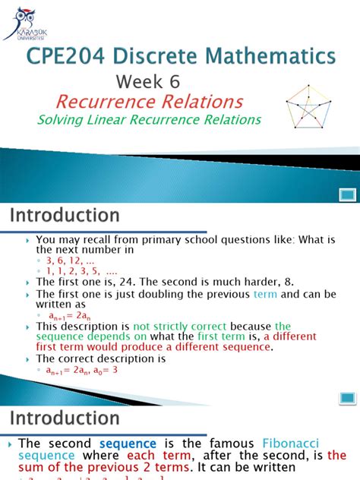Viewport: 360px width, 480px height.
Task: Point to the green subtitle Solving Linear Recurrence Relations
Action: pos(150,120)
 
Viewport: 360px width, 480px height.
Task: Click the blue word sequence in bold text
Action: pos(128,444)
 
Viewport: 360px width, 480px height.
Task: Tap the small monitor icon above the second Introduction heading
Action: pos(347,397)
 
